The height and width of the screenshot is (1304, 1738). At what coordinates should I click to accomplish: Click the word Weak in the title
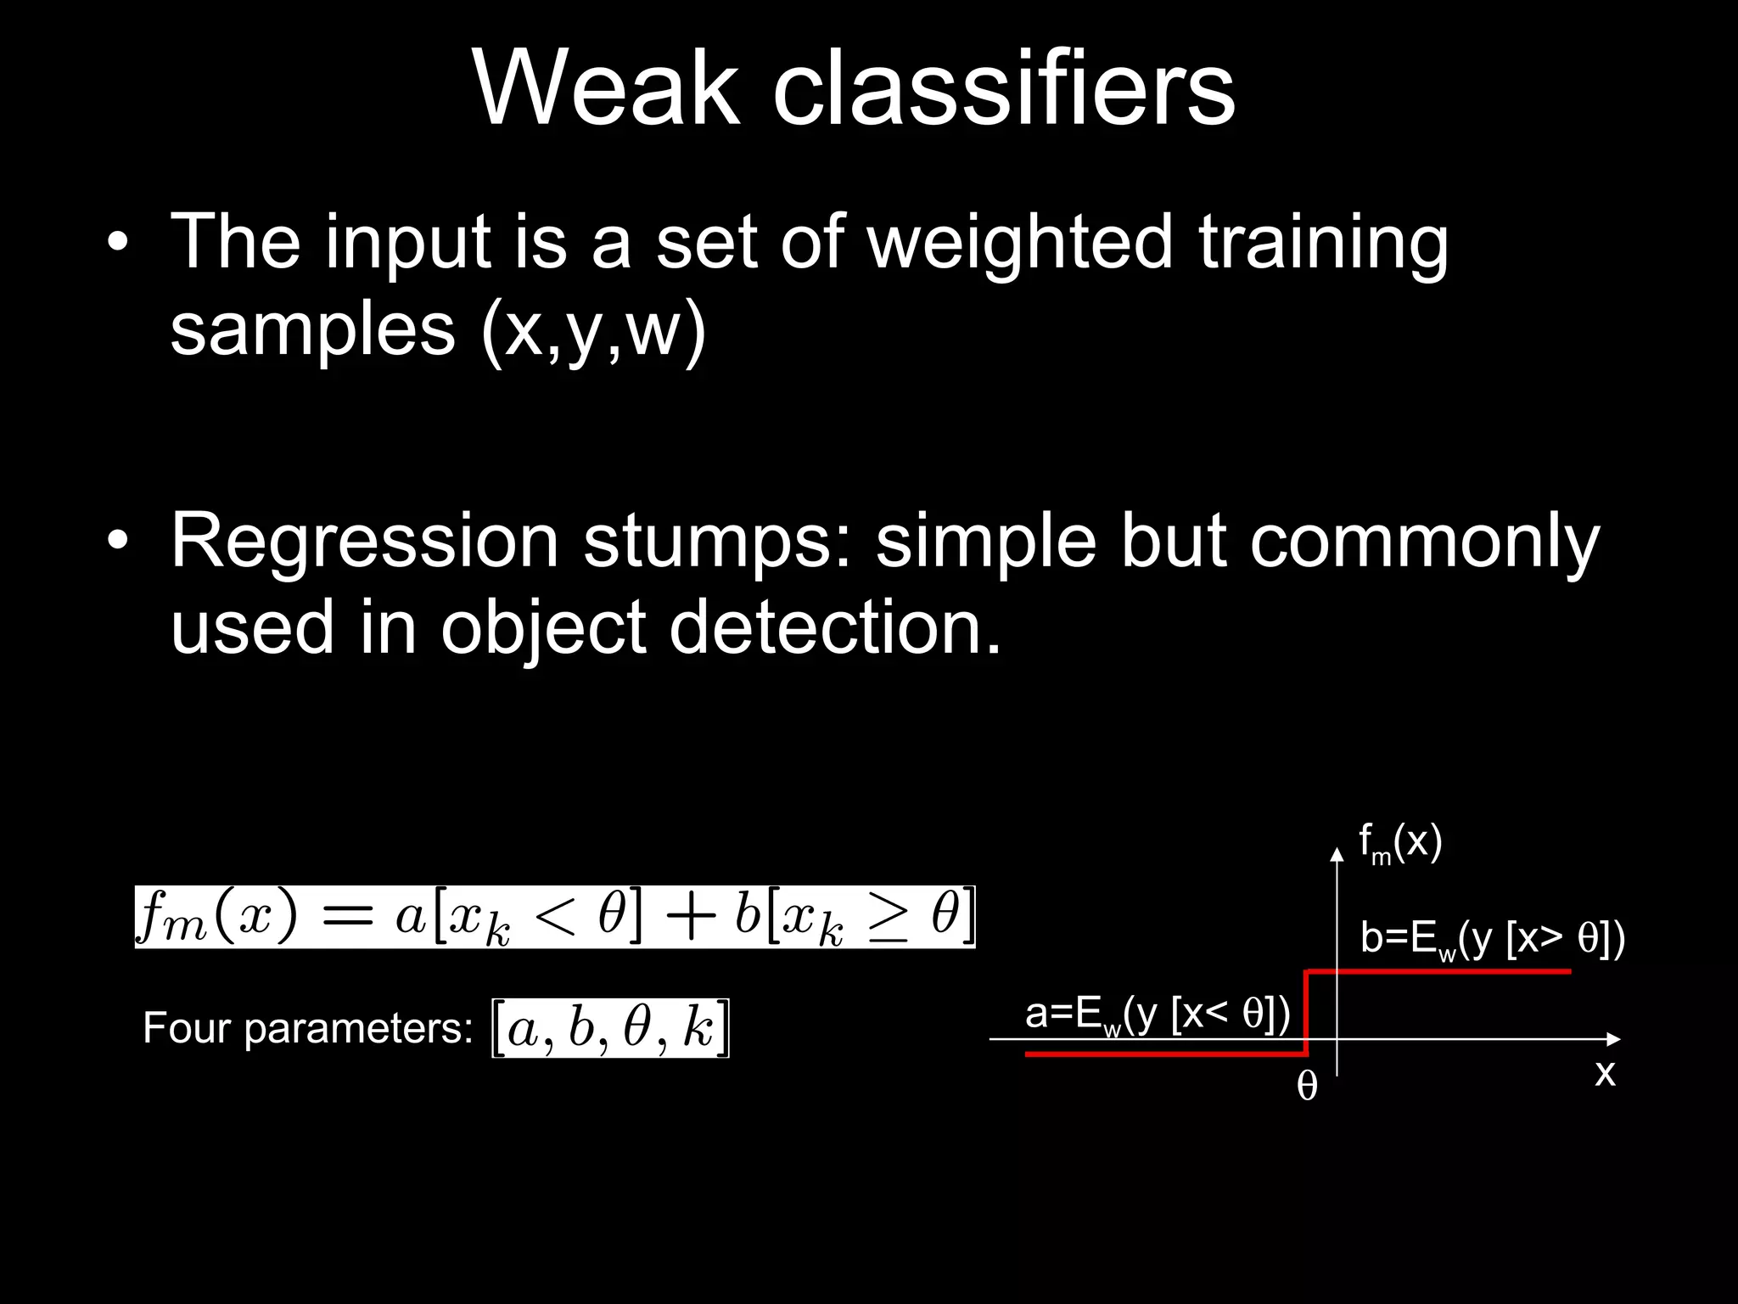click(606, 88)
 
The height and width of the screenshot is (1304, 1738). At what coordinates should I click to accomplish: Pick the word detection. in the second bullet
click(835, 628)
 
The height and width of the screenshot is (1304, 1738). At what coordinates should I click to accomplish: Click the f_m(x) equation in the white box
click(555, 917)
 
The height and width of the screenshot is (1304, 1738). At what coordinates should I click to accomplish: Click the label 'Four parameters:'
click(307, 1028)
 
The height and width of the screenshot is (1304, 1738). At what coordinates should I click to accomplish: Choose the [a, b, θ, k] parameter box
click(610, 1029)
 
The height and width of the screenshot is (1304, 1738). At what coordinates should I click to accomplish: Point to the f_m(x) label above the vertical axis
click(1399, 843)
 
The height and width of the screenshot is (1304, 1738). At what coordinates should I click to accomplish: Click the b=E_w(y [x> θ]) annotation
click(1492, 939)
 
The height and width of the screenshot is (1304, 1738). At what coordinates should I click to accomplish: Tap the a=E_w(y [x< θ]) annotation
click(1157, 1014)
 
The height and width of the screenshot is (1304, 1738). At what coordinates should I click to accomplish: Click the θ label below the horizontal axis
click(1307, 1087)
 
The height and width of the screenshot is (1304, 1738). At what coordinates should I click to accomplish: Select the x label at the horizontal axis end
click(1604, 1073)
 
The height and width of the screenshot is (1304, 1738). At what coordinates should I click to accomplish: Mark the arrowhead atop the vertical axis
click(1337, 854)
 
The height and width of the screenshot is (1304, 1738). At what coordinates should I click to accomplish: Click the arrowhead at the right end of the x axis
click(1613, 1038)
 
